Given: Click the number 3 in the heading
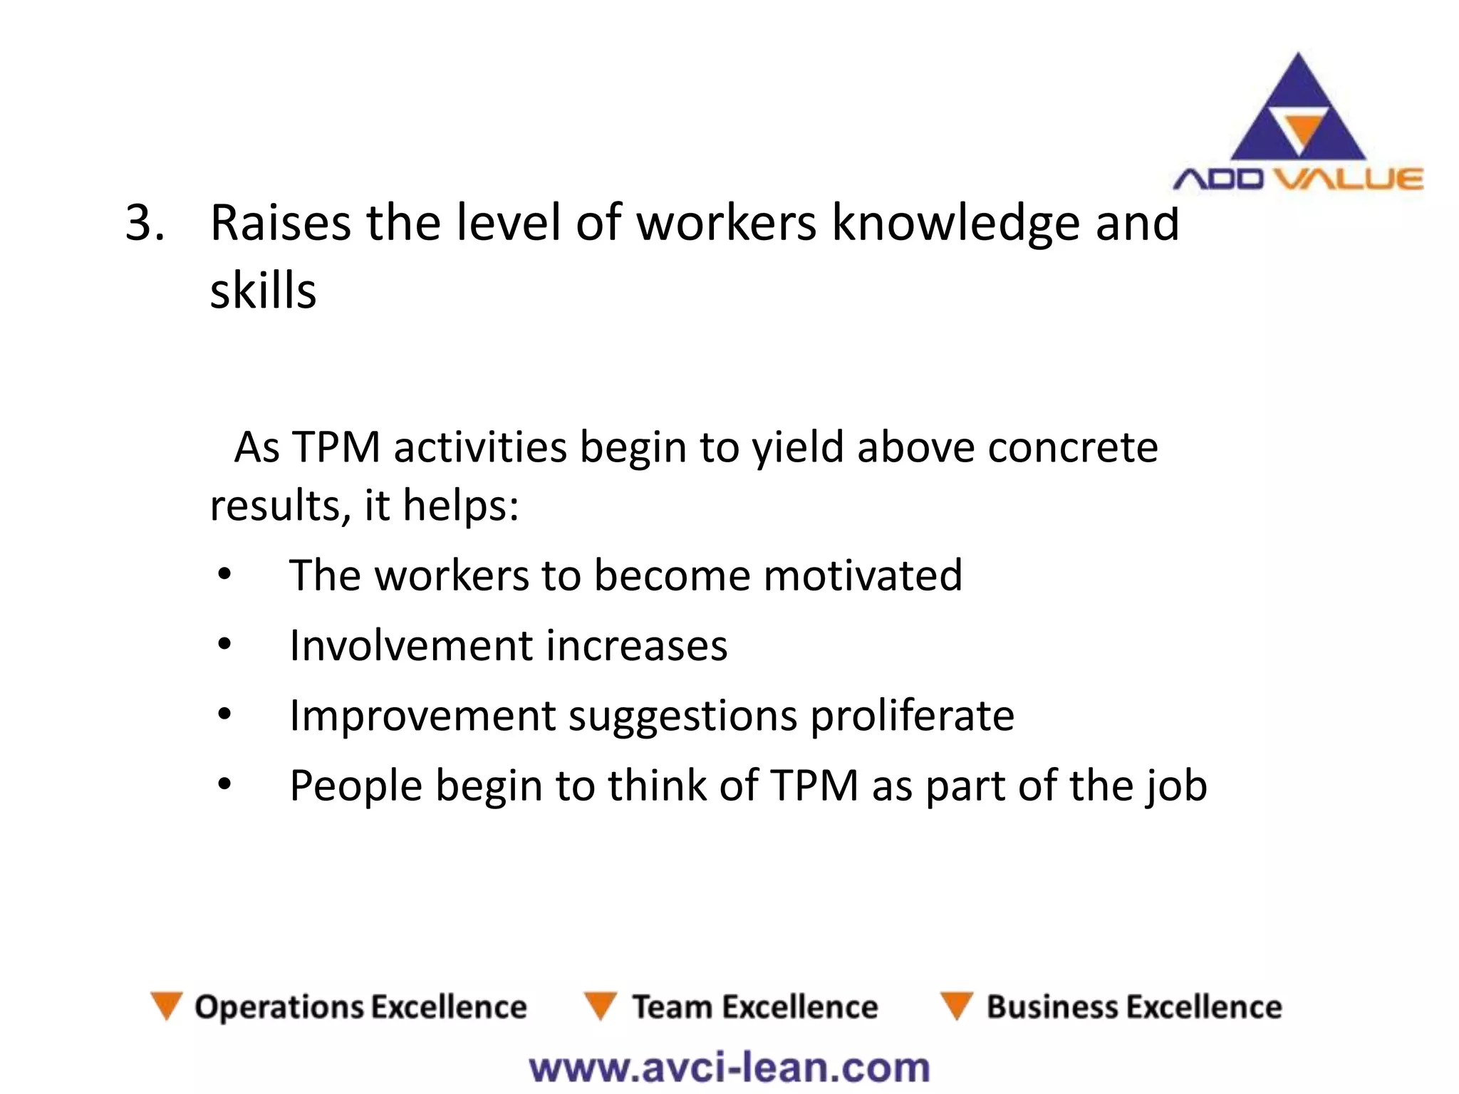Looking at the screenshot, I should click(140, 222).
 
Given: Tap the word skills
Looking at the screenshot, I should click(263, 291).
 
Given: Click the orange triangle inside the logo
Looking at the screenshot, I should click(1299, 132).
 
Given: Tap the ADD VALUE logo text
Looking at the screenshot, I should click(1297, 179).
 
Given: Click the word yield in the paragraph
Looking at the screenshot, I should click(799, 449).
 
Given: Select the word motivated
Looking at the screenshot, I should click(863, 575).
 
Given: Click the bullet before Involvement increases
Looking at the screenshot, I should click(224, 645).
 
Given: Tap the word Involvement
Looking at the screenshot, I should click(411, 645).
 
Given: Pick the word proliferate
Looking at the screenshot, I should click(913, 715).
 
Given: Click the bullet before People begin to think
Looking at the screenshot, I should click(224, 785).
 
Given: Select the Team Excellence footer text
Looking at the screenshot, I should click(755, 1007).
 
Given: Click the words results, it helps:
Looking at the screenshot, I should click(364, 505).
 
